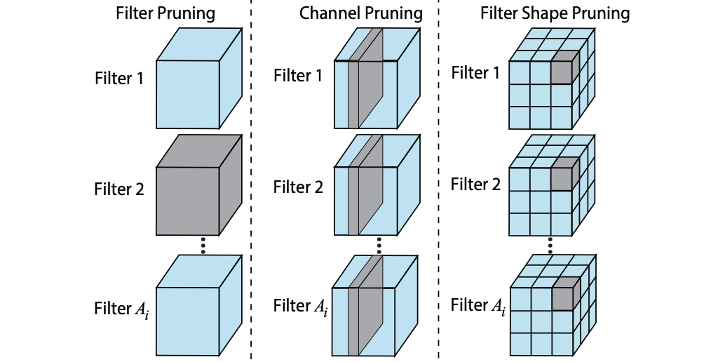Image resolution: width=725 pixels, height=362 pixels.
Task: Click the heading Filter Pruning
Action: tap(165, 13)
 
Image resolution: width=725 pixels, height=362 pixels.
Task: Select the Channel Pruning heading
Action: tap(360, 13)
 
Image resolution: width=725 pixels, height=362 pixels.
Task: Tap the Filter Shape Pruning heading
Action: tap(555, 13)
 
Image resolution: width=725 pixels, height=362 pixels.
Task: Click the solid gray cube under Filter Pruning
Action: tap(199, 185)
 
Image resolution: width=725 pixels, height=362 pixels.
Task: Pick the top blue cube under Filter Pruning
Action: tap(199, 79)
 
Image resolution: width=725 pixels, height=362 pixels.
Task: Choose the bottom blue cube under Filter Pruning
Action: tap(199, 304)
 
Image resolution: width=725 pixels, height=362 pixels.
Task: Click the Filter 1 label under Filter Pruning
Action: tap(119, 79)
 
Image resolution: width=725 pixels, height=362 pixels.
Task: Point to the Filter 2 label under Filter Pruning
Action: tap(119, 189)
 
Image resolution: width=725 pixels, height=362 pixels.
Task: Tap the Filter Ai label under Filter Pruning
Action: tap(121, 309)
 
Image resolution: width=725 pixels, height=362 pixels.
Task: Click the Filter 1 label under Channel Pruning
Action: tap(298, 75)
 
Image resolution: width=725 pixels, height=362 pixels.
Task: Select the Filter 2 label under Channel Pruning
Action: tap(298, 187)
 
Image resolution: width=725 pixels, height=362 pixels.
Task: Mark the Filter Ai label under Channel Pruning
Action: tap(301, 307)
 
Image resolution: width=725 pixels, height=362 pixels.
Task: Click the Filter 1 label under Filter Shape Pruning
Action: tap(475, 73)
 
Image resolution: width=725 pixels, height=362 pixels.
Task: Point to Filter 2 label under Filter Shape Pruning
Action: tap(476, 185)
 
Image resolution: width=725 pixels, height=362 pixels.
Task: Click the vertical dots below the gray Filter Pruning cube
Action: tap(203, 245)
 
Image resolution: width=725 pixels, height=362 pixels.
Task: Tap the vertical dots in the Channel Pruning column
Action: tap(379, 245)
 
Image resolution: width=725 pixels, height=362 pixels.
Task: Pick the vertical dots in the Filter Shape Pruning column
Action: tap(550, 245)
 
